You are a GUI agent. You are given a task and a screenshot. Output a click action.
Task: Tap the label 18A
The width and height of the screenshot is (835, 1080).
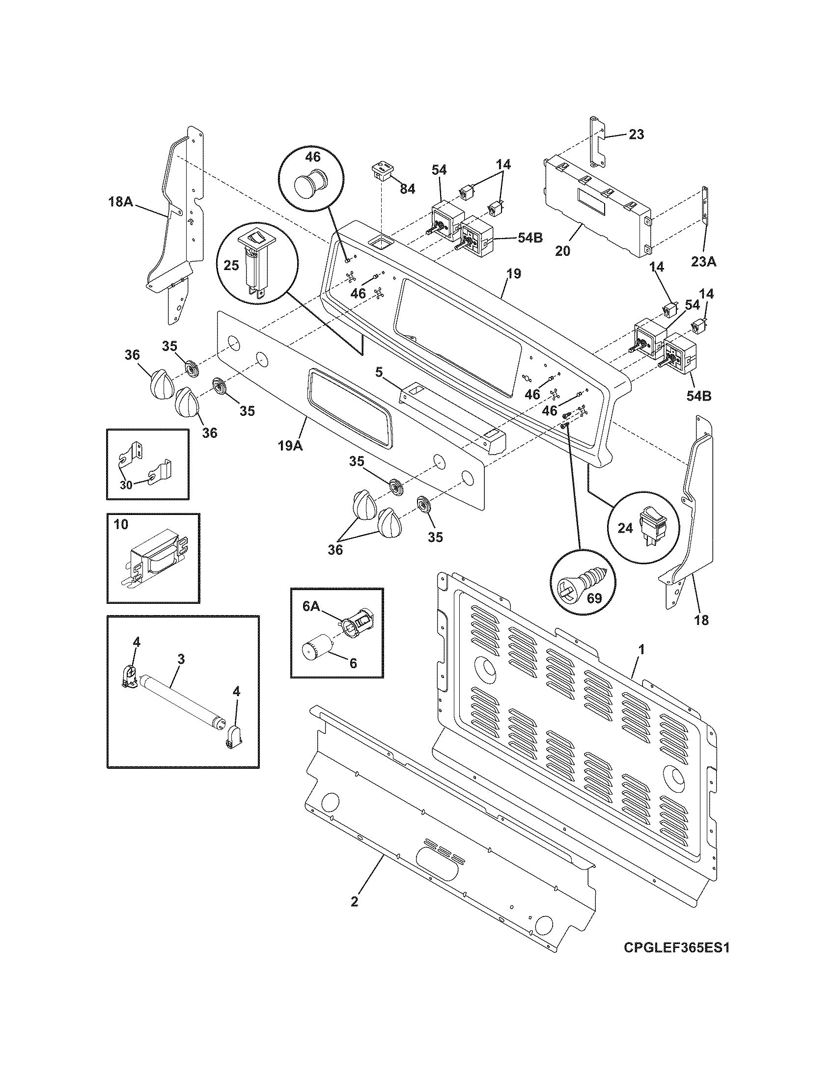121,202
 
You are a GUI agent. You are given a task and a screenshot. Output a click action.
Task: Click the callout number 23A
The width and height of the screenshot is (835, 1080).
703,262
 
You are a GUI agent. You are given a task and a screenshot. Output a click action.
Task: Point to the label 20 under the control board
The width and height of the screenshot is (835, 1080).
562,251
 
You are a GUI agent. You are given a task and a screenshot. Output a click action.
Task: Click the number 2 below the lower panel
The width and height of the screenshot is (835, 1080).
354,901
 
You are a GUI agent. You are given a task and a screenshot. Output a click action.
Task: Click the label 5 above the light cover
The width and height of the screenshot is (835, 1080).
378,372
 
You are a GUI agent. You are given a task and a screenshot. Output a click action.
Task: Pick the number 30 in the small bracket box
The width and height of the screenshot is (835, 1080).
126,485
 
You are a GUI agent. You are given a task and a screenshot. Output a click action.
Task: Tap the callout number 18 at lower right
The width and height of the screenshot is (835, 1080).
701,620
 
